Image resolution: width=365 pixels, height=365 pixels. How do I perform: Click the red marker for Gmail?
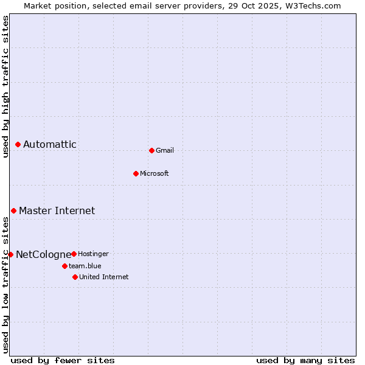pos(151,150)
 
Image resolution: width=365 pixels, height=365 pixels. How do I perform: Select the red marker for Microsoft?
pos(136,173)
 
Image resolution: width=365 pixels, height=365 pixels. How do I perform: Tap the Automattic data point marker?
pos(18,144)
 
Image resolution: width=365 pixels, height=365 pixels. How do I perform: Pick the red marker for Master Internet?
pos(13,210)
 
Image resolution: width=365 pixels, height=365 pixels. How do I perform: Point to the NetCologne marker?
pos(10,254)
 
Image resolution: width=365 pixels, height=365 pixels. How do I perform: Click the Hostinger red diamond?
pos(74,254)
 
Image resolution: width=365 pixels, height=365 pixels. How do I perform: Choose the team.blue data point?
pos(64,266)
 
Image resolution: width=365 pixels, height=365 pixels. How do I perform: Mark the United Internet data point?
pos(75,277)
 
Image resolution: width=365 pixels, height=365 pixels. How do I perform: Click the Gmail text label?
pos(165,150)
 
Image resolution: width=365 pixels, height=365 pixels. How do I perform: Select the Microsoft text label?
pos(155,173)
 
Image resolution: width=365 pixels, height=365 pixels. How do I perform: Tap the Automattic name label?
pos(50,144)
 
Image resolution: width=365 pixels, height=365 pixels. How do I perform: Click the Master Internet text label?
pos(57,210)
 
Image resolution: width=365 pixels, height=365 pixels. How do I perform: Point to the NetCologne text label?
pos(43,254)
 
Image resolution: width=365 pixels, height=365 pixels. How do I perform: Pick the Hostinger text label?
pos(93,254)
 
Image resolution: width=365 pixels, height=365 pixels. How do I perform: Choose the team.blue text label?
pos(85,266)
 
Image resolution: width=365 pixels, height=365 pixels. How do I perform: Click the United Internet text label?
pos(104,277)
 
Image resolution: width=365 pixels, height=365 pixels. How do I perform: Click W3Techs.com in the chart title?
pos(313,5)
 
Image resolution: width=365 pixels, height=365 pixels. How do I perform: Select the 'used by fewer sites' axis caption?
pos(63,360)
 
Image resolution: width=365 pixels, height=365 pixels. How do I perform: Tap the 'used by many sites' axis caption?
pos(305,360)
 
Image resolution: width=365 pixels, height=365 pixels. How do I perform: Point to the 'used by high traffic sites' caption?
pos(5,86)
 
